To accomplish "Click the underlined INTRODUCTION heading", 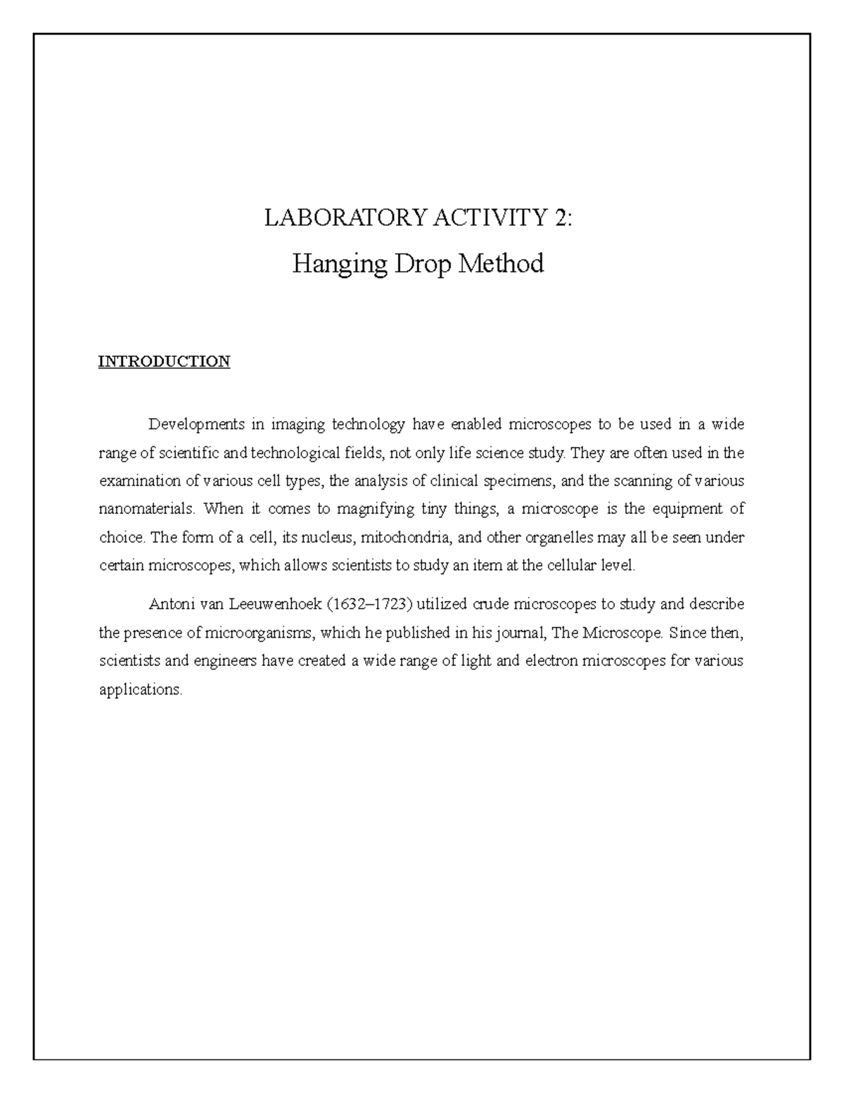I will [x=164, y=362].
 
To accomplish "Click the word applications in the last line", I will [x=140, y=690].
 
